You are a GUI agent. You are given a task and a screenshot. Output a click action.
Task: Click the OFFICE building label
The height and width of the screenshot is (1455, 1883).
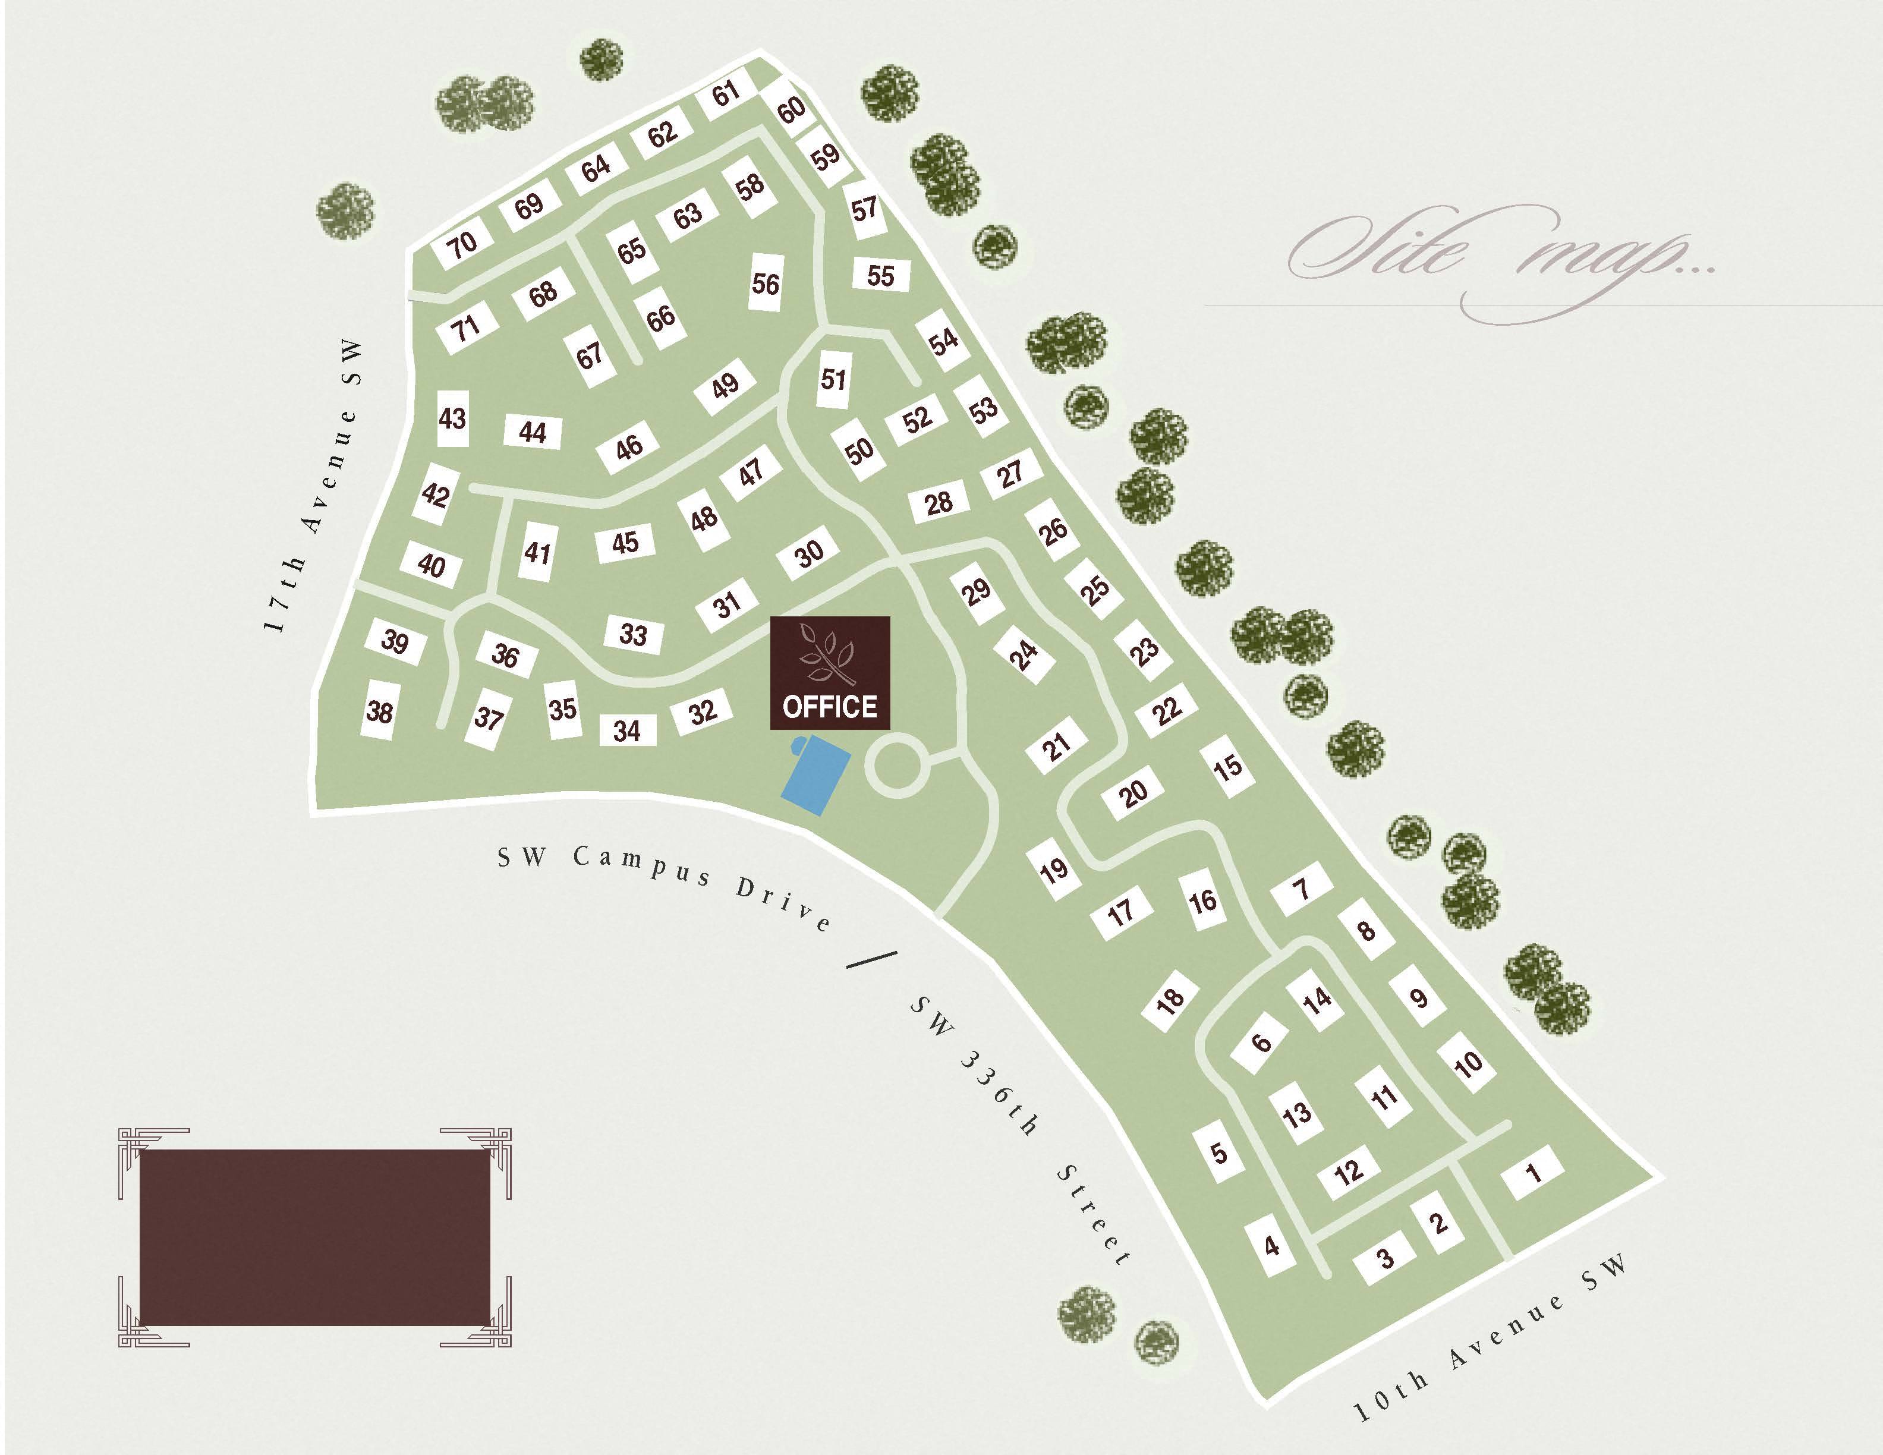[829, 707]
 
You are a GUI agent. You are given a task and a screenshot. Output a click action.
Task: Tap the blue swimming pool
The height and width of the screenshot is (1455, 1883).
[815, 774]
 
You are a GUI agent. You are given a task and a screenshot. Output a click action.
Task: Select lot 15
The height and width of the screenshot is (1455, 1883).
[1228, 766]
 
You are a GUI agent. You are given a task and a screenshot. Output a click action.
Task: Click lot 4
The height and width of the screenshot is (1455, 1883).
[1271, 1246]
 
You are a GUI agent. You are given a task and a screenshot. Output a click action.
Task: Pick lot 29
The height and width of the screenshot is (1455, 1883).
[976, 591]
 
